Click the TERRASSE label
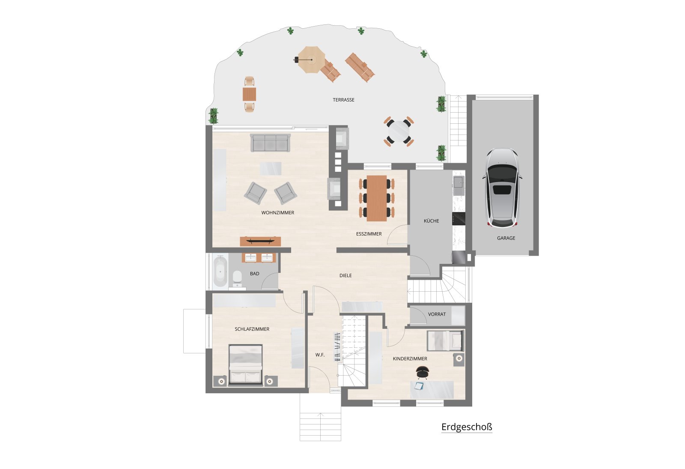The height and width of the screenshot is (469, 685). point(343,100)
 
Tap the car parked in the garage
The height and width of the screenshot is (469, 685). point(502,188)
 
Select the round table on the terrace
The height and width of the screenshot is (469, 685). point(399,131)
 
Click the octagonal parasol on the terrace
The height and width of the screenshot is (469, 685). point(311,60)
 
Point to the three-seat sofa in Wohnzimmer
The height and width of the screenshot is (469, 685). point(270,143)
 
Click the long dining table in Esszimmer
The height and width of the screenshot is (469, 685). point(377,198)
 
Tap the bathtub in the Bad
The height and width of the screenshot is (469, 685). point(220,272)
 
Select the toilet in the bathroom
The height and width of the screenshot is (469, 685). point(237,278)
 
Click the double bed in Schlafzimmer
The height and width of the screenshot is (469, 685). point(246,364)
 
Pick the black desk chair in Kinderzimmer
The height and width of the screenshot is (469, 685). point(422,373)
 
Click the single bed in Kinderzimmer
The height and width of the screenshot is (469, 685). point(445,341)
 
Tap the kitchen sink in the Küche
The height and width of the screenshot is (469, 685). point(459,182)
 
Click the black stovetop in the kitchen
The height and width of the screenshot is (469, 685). point(459,219)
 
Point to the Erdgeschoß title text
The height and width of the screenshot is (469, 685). point(467,427)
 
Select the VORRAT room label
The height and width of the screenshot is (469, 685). point(437,314)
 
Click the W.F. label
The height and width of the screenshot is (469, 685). point(320,355)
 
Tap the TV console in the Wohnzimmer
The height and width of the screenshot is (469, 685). point(260,242)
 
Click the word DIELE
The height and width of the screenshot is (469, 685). point(345,275)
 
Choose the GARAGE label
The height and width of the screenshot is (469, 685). point(506,238)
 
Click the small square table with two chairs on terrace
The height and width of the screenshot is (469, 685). point(249,94)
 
